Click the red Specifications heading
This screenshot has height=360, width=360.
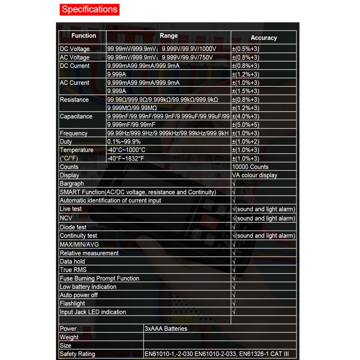pos(90,9)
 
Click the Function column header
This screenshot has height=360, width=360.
pos(84,36)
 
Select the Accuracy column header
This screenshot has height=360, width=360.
pos(264,38)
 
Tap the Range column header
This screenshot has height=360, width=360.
pos(169,36)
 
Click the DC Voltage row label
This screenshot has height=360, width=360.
pos(75,49)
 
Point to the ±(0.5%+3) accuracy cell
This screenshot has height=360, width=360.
pos(246,49)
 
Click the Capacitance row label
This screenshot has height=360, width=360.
pos(76,117)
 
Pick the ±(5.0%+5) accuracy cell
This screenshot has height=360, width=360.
pos(246,125)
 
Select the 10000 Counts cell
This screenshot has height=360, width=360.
pos(250,167)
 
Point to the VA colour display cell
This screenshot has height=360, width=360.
pos(255,175)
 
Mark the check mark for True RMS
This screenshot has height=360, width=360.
pos(234,270)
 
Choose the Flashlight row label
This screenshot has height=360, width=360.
pos(72,304)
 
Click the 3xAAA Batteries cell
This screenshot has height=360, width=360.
pos(166,329)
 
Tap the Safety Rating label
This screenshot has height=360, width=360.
pos(77,354)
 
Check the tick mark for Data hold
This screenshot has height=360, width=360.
pos(234,261)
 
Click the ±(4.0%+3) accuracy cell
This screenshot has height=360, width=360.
pos(246,117)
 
